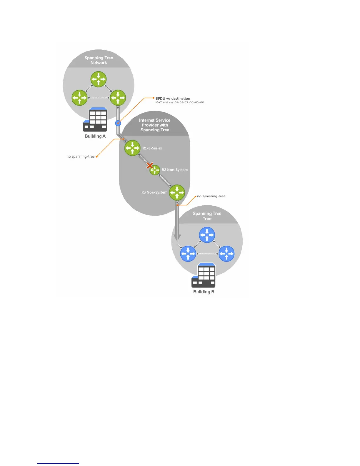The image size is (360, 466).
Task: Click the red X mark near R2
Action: [150, 165]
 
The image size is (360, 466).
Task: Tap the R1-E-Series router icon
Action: [132, 148]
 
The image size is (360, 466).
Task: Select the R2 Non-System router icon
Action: [155, 170]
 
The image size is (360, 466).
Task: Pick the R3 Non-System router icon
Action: [177, 192]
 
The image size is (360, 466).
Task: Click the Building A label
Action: [95, 136]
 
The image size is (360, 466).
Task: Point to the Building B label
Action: [204, 292]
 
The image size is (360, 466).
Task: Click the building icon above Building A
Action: [95, 119]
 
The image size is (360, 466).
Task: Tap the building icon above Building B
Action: [204, 275]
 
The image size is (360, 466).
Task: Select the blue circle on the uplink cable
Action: [118, 123]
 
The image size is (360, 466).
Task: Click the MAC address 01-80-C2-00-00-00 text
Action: [180, 103]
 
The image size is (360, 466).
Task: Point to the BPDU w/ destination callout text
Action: [173, 99]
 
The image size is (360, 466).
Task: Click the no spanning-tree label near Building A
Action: [81, 157]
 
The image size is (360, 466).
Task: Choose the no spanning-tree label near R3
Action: [211, 196]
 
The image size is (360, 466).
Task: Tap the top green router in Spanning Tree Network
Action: [99, 79]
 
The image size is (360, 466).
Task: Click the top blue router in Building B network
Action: [207, 235]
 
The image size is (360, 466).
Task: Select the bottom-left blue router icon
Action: [188, 254]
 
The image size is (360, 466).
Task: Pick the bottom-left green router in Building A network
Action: [79, 98]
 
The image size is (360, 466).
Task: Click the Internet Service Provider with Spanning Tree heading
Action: [155, 125]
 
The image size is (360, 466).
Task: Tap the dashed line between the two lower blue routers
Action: [207, 254]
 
